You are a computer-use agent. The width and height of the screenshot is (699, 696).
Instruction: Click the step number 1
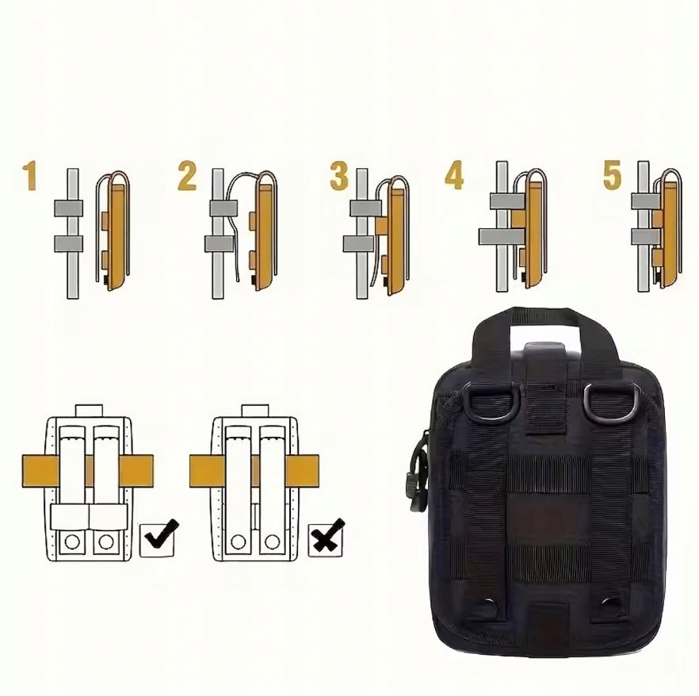pos(30,176)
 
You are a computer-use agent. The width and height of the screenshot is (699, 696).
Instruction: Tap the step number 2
pos(187,176)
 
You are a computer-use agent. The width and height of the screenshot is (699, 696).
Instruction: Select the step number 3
pos(339,175)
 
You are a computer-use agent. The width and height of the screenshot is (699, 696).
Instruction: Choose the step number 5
pos(612,175)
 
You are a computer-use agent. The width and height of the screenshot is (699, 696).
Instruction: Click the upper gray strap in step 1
pos(69,208)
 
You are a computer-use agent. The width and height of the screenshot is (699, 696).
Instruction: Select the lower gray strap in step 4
pos(502,237)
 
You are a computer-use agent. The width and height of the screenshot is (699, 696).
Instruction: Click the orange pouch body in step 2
pos(263,234)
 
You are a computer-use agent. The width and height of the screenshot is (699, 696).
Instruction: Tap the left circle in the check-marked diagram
pos(72,541)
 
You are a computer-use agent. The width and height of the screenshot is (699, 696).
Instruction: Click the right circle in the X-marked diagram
pos(272,541)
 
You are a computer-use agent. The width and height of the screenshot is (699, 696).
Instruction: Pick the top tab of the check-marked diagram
pos(89,410)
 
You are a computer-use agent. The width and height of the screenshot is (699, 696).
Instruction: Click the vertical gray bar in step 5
pos(643,227)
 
